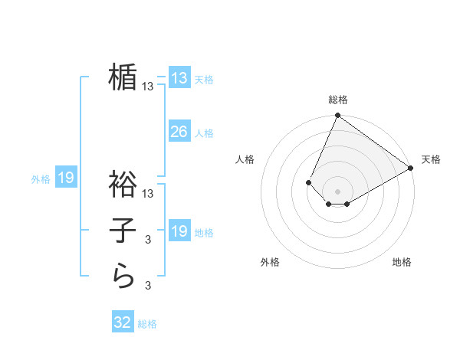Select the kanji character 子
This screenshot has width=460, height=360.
click(123, 230)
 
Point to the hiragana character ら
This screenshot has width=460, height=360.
click(123, 276)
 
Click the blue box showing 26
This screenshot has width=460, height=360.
click(179, 132)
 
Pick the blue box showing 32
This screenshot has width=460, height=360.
click(123, 322)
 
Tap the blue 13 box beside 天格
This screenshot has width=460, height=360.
click(179, 78)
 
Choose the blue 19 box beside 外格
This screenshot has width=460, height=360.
click(66, 178)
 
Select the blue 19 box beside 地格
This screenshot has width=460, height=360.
click(179, 231)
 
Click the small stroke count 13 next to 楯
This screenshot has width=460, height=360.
click(148, 87)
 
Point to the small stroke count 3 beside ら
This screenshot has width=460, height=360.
click(148, 286)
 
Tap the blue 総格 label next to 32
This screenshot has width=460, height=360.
click(147, 324)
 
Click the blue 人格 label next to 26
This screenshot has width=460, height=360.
click(204, 133)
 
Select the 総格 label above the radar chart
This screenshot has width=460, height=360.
click(338, 100)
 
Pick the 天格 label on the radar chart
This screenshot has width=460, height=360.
click(431, 159)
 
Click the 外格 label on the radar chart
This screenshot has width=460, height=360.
click(270, 262)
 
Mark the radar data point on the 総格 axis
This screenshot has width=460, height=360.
click(337, 116)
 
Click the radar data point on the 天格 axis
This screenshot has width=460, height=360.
click(411, 167)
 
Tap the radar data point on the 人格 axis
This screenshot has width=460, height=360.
click(308, 182)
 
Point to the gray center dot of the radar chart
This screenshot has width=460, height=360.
click(337, 191)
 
